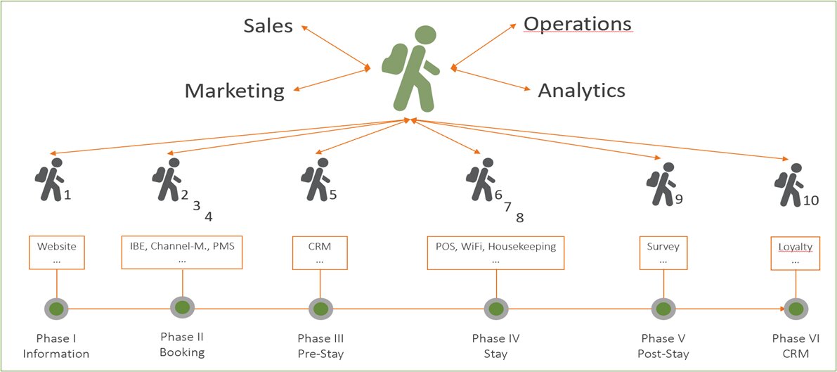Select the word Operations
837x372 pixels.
(577, 23)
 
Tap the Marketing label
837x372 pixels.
(235, 91)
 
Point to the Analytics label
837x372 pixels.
(581, 90)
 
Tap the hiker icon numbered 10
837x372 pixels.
(789, 184)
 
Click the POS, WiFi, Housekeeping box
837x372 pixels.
(496, 252)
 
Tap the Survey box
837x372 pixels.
(663, 252)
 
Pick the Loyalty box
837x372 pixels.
(795, 253)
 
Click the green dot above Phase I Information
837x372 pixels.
(56, 309)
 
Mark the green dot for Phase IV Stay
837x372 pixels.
(496, 308)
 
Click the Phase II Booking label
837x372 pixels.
(182, 344)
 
